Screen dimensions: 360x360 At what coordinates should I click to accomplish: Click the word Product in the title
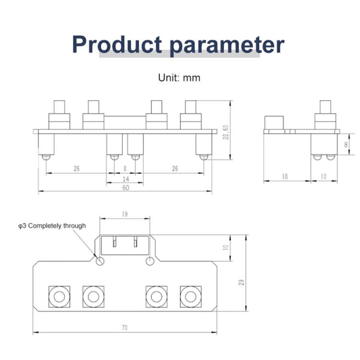[x=117, y=45]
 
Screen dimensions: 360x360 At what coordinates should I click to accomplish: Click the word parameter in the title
[x=227, y=46]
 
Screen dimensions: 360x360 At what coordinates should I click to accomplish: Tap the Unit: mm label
[x=179, y=78]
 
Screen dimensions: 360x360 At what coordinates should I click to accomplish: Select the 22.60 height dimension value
[x=226, y=132]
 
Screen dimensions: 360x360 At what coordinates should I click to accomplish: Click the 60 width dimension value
[x=126, y=188]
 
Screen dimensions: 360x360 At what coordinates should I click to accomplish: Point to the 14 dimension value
[x=126, y=179]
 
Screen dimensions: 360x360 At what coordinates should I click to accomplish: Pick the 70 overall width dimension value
[x=125, y=328]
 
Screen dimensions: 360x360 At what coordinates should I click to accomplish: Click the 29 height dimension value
[x=241, y=282]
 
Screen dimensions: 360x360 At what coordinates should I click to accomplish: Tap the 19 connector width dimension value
[x=125, y=214]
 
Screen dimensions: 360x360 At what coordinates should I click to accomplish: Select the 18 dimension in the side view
[x=285, y=177]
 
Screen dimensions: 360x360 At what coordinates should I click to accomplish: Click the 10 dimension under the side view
[x=323, y=177]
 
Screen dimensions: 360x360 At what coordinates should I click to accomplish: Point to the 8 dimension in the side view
[x=346, y=144]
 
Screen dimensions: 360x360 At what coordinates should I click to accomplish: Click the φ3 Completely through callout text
[x=52, y=226]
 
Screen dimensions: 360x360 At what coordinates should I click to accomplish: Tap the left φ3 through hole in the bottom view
[x=100, y=261]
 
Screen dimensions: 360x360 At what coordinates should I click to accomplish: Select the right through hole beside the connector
[x=150, y=261]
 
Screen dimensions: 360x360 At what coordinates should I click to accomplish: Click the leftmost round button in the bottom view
[x=59, y=297]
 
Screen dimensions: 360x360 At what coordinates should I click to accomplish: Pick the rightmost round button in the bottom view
[x=191, y=297]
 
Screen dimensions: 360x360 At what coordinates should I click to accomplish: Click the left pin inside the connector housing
[x=115, y=242]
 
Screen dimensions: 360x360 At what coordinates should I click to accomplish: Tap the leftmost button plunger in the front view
[x=60, y=107]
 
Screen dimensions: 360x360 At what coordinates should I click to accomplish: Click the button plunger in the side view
[x=325, y=107]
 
